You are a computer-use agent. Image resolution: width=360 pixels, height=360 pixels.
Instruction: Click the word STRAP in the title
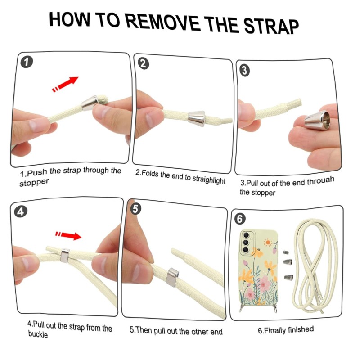[x=271, y=27]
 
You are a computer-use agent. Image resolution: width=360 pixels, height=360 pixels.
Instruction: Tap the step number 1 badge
[x=27, y=62]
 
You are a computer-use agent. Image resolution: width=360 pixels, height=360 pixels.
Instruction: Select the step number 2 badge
[x=143, y=63]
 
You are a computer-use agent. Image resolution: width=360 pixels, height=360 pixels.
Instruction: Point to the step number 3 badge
[x=245, y=70]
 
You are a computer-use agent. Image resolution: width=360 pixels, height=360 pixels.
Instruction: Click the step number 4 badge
[x=21, y=211]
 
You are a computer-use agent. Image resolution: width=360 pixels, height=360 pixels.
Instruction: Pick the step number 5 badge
[x=135, y=209]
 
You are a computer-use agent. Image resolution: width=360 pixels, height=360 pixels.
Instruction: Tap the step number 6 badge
[x=240, y=219]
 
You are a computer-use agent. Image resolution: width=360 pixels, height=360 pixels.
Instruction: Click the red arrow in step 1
[x=65, y=85]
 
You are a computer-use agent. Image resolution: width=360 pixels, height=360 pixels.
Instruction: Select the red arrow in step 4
[x=68, y=235]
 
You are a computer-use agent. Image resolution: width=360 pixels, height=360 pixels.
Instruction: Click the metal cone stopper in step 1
[x=90, y=103]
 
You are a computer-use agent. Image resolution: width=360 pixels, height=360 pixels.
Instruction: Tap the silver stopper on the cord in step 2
[x=196, y=119]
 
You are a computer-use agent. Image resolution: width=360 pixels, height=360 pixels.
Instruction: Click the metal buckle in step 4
[x=65, y=256]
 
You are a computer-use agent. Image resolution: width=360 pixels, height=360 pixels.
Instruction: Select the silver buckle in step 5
[x=172, y=277]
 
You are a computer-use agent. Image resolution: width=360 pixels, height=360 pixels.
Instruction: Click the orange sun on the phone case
[x=267, y=243]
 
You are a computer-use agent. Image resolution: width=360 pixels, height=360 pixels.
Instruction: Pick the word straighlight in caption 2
[x=209, y=179]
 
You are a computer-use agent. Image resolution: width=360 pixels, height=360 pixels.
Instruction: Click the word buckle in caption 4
[x=38, y=334]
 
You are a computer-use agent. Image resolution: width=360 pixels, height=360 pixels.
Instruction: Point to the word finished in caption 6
[x=301, y=329]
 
